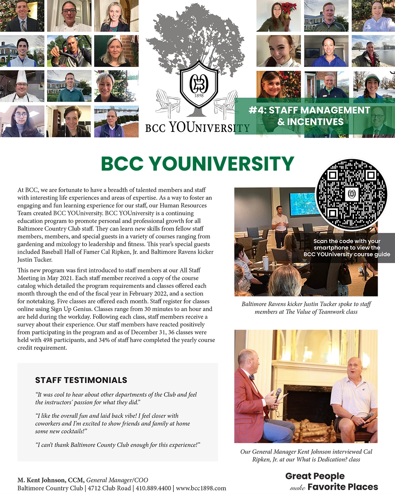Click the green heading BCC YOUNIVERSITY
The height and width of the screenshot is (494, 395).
[x=197, y=163]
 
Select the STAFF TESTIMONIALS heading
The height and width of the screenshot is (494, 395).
[x=81, y=380]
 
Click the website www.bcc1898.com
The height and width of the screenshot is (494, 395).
[x=201, y=488]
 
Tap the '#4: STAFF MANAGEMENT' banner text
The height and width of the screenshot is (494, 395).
[x=309, y=111]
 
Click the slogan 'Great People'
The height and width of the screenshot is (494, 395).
[x=315, y=476]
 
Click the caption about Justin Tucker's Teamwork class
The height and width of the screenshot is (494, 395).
[x=306, y=308]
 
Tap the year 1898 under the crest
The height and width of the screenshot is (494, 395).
[x=199, y=95]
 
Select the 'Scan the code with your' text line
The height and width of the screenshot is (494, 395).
[x=347, y=241]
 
